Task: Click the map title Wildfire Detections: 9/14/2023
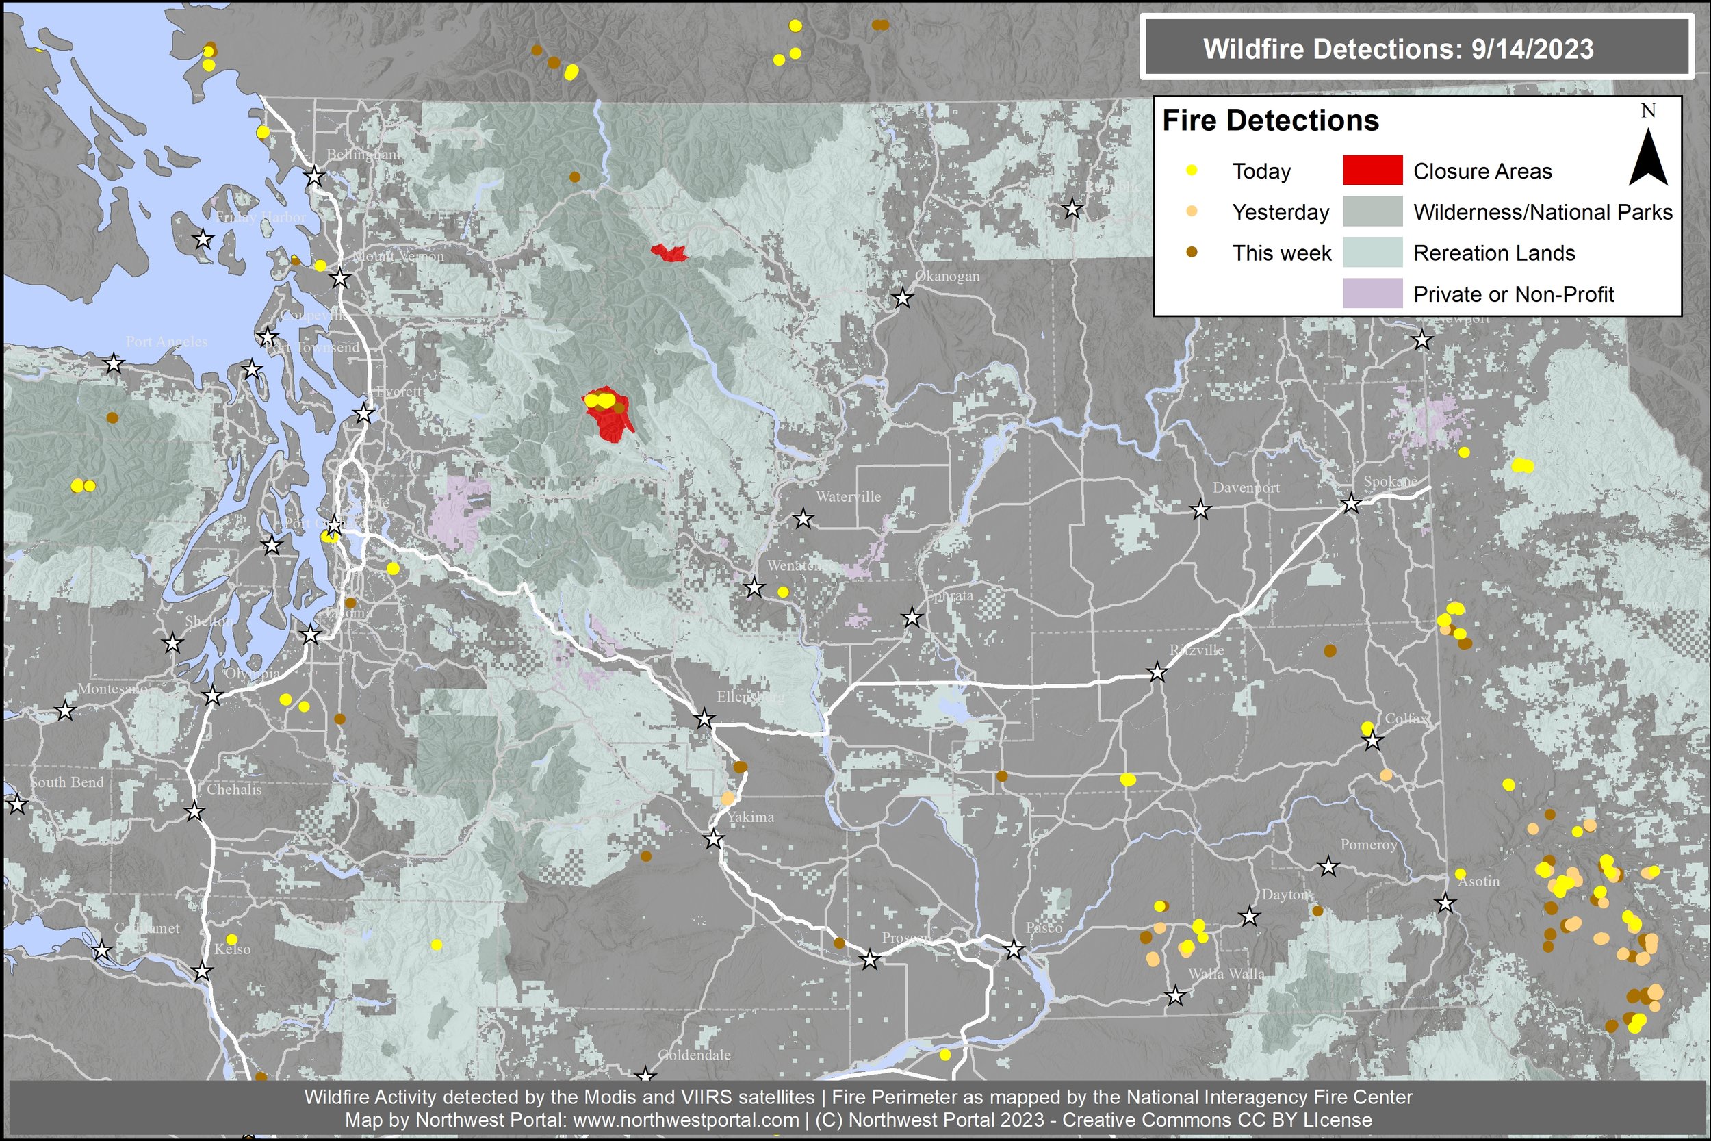[1398, 49]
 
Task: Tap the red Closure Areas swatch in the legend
[1372, 171]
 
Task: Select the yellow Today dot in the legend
[1192, 170]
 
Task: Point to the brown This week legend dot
[1192, 253]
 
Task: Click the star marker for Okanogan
[902, 298]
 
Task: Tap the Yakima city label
[751, 817]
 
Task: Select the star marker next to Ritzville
[1157, 672]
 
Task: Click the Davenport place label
[1246, 487]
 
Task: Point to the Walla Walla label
[1226, 973]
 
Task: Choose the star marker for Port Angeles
[114, 363]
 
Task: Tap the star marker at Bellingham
[313, 176]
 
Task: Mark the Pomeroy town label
[1368, 845]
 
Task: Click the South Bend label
[67, 782]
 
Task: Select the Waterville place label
[848, 497]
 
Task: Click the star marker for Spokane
[1350, 503]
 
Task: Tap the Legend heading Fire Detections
[1270, 120]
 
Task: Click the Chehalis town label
[233, 789]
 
